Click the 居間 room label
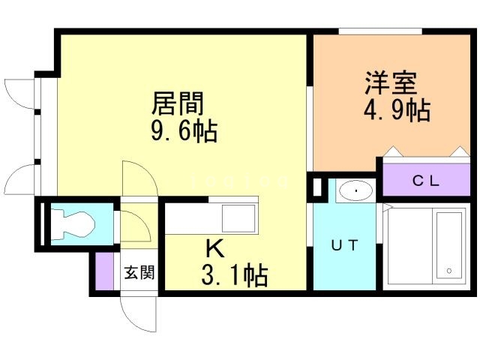click(178, 103)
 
